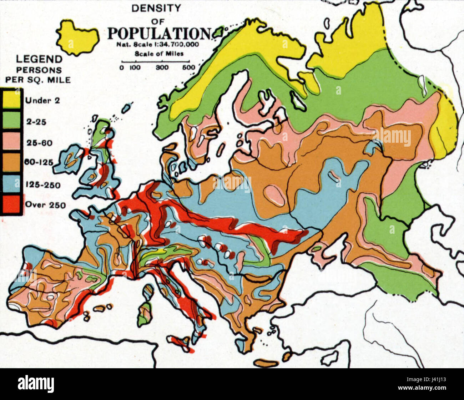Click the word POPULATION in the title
point(159,34)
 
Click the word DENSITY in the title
point(156,8)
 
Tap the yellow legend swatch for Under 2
point(11,100)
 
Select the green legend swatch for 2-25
point(11,121)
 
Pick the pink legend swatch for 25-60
point(11,143)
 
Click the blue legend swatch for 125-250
point(11,184)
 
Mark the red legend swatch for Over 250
point(11,205)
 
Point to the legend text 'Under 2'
point(42,100)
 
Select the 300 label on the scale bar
point(162,67)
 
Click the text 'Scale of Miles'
point(159,54)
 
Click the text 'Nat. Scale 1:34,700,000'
point(157,45)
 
